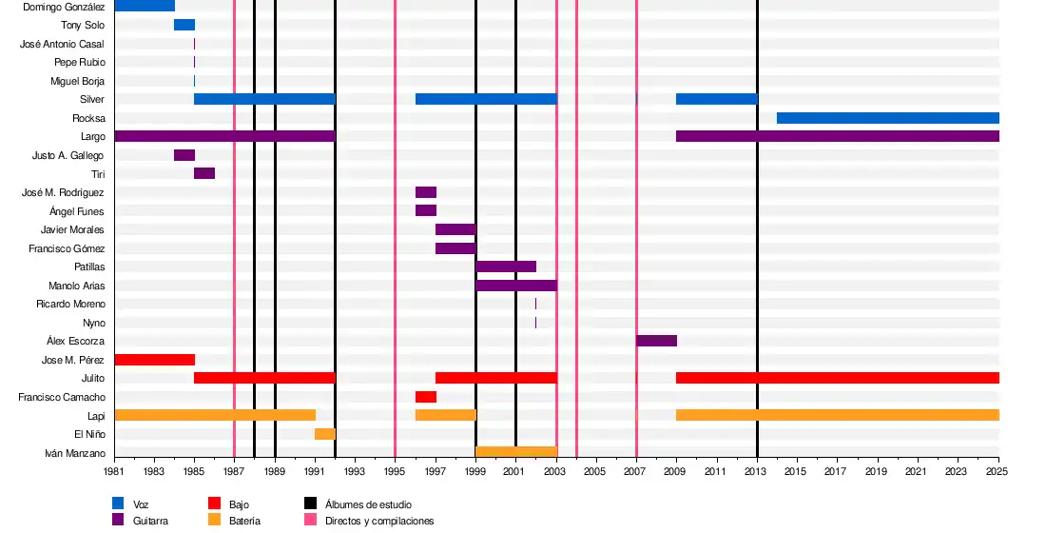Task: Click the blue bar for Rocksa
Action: click(887, 118)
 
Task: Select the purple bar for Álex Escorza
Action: click(656, 341)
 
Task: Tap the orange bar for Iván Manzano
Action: click(515, 452)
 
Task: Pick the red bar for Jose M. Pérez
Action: click(154, 360)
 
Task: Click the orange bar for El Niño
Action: click(324, 434)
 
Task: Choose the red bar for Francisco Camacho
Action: click(425, 397)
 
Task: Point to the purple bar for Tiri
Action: click(204, 173)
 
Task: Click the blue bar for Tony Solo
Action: click(184, 25)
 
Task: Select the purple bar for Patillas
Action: click(506, 266)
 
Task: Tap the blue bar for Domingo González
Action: click(145, 6)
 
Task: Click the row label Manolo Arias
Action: click(76, 286)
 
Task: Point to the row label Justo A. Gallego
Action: click(68, 155)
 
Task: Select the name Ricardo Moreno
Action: click(70, 304)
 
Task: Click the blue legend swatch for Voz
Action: click(118, 503)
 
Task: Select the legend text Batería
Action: click(244, 521)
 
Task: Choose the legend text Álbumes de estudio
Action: click(368, 504)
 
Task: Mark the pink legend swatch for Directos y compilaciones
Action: click(310, 520)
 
